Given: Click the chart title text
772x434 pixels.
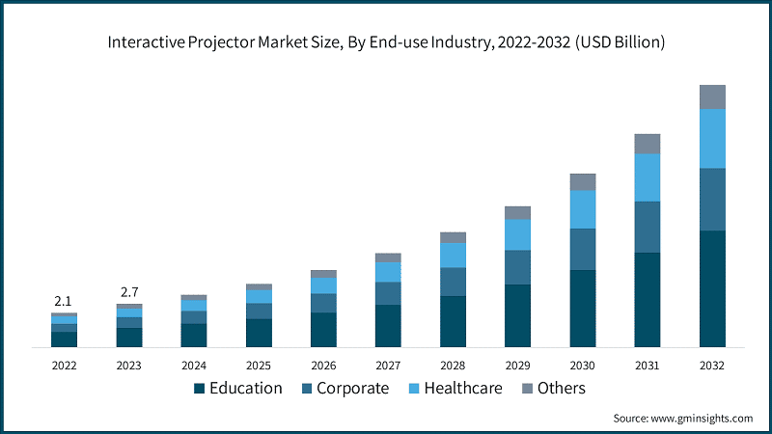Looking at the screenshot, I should click(386, 42).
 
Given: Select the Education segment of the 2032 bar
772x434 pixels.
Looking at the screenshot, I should click(712, 288).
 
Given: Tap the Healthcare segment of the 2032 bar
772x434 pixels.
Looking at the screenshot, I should click(712, 138).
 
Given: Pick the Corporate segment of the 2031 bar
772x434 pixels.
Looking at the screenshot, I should click(648, 227).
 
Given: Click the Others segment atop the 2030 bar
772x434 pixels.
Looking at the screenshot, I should click(583, 181).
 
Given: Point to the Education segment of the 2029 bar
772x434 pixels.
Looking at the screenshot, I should click(518, 315).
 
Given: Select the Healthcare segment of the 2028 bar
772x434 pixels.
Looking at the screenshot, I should click(454, 255).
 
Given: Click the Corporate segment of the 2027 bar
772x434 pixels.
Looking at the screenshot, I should click(388, 293).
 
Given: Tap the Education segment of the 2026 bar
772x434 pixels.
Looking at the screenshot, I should click(323, 329).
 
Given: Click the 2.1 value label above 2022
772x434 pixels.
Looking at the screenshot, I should click(64, 302).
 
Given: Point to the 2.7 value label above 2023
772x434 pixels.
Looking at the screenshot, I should click(128, 292).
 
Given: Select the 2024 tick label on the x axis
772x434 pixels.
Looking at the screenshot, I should click(194, 366).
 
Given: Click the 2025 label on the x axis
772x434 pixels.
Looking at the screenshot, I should click(259, 366).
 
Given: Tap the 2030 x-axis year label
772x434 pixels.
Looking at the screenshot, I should click(583, 366).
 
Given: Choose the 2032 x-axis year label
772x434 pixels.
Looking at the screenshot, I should click(712, 366).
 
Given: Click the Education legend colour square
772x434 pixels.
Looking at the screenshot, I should click(200, 389).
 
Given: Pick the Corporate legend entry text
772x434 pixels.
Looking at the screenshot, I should click(352, 388).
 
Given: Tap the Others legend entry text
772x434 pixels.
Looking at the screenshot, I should click(562, 388).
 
